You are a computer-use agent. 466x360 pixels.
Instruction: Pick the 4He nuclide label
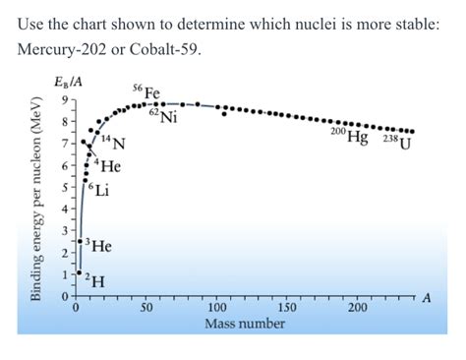tap(104, 166)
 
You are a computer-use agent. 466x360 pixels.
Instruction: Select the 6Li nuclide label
tap(98, 189)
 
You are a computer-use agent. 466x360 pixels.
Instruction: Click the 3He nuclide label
tap(97, 245)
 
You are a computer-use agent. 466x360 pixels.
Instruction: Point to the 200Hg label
tap(350, 137)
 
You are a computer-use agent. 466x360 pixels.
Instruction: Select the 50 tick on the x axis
tap(145, 309)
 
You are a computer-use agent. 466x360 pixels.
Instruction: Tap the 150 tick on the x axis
tap(287, 309)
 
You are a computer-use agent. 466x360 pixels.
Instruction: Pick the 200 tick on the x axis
tap(358, 309)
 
